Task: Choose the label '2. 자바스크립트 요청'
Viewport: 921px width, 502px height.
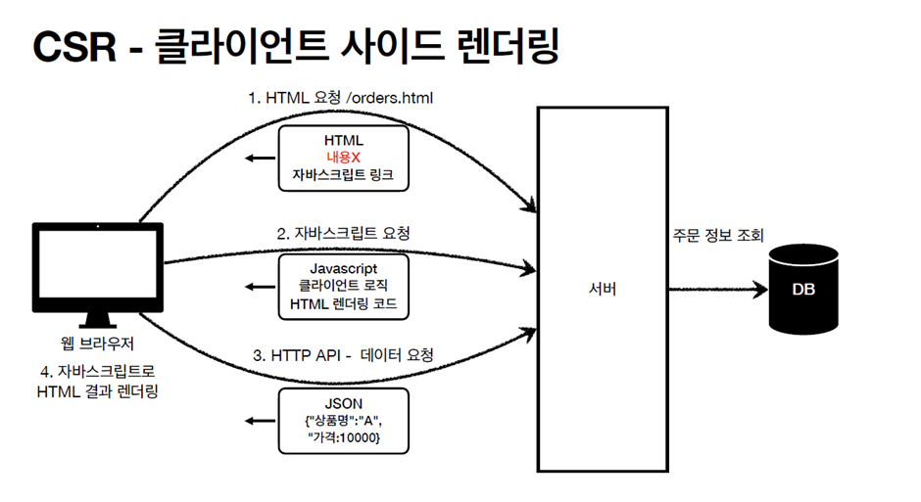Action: [x=343, y=234]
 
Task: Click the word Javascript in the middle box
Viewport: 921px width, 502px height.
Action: [x=343, y=267]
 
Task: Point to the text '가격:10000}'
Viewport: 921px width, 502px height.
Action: [x=345, y=440]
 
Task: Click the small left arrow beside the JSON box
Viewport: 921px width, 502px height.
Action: [x=260, y=421]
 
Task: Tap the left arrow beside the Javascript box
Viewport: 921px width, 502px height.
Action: [x=260, y=287]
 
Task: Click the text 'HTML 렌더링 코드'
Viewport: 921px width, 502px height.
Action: [x=343, y=304]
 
